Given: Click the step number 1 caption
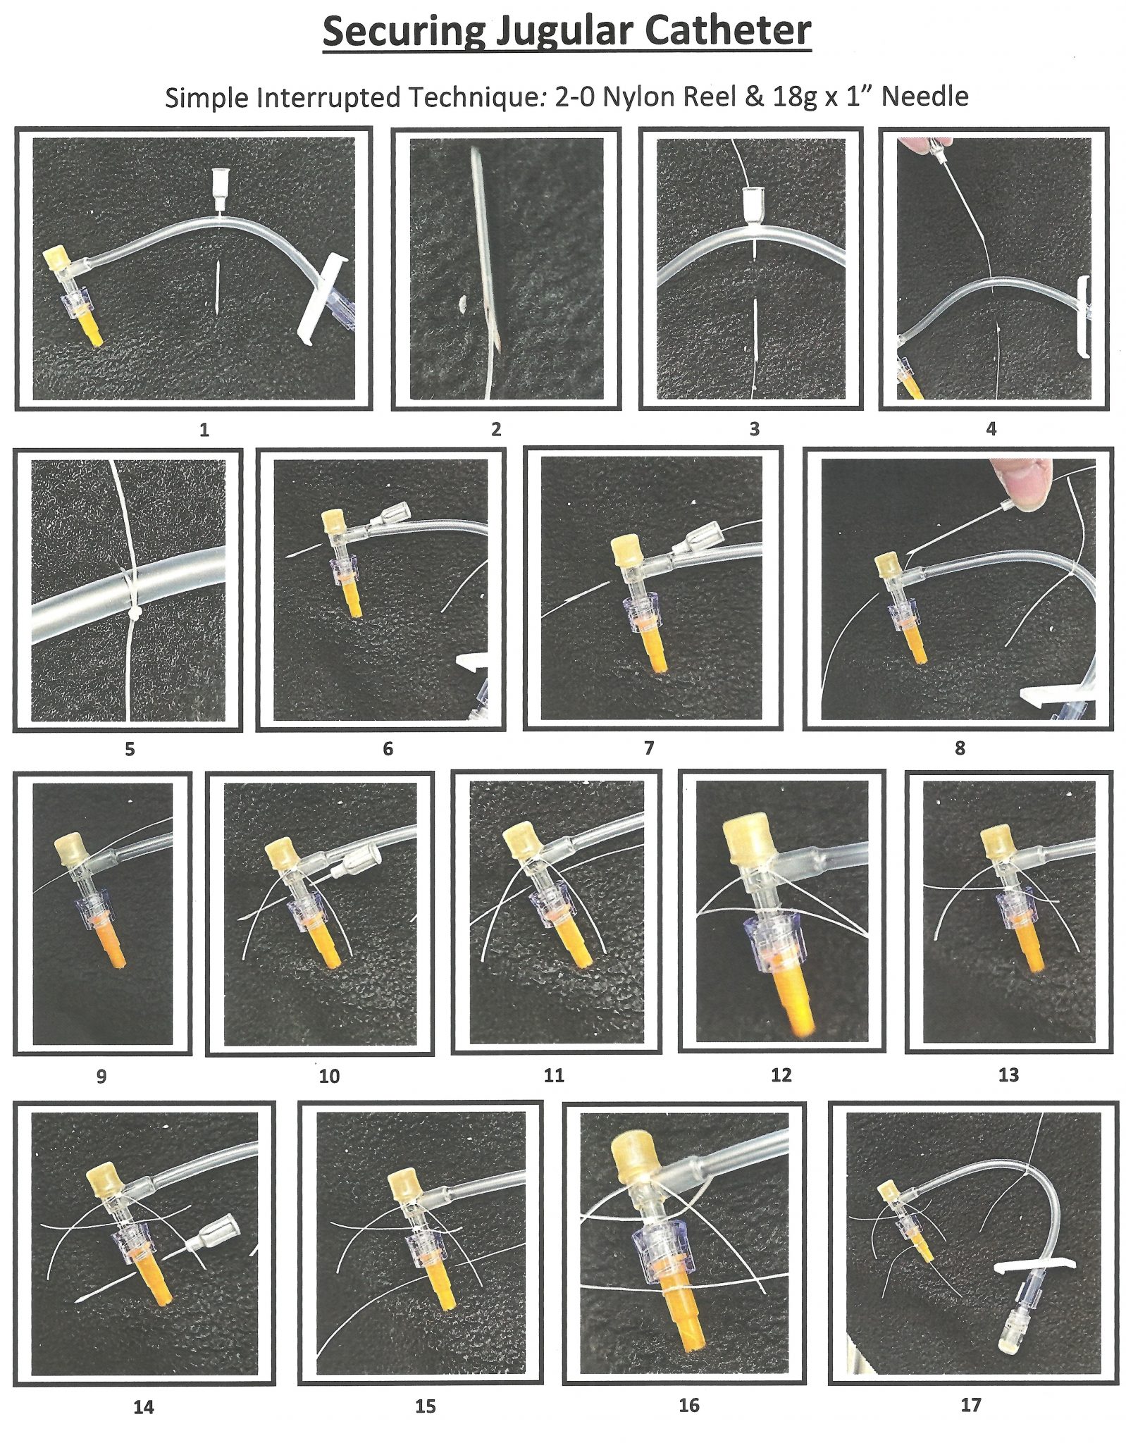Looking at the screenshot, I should pyautogui.click(x=204, y=429).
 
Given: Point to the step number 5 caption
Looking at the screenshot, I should pyautogui.click(x=130, y=749).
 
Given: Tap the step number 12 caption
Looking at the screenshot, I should pyautogui.click(x=781, y=1074).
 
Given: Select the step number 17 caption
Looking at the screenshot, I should pyautogui.click(x=970, y=1405).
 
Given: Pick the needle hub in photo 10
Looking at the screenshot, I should pyautogui.click(x=362, y=860).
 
